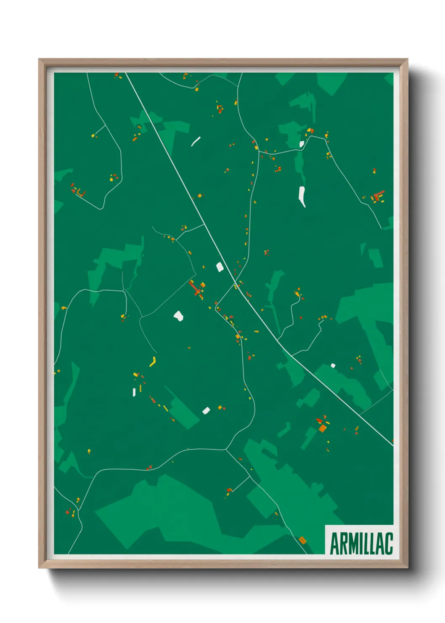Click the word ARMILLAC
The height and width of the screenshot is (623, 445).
(x=361, y=543)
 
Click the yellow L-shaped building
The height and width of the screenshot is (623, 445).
(x=153, y=362)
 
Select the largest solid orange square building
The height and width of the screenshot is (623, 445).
(x=322, y=428)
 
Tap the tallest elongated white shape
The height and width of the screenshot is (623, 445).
(x=302, y=197)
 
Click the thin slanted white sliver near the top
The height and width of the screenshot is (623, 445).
(x=196, y=141)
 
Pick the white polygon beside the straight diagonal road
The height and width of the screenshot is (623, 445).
(x=219, y=267)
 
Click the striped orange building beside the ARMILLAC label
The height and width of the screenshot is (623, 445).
(x=302, y=539)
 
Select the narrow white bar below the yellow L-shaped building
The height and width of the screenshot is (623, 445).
(x=134, y=392)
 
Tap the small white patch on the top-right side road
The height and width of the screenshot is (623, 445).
(x=302, y=144)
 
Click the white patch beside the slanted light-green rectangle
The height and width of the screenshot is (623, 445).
(x=206, y=410)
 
